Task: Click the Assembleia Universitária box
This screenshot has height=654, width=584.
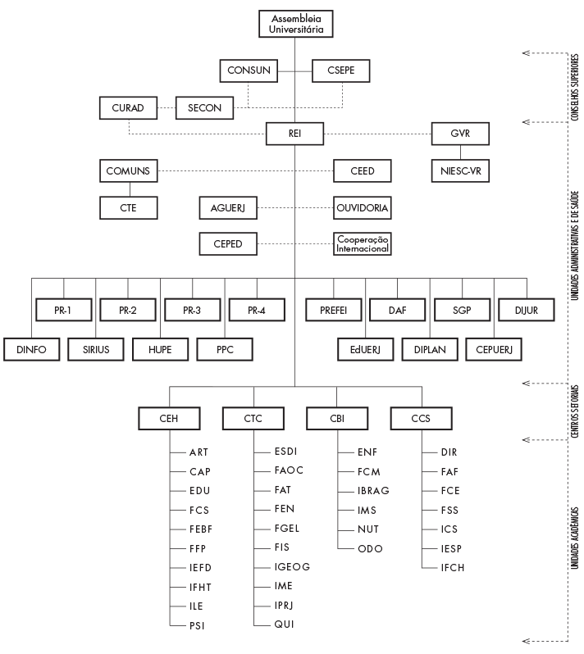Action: tap(295, 24)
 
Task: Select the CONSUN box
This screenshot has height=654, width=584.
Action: tap(249, 70)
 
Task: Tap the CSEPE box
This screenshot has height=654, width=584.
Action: tap(340, 70)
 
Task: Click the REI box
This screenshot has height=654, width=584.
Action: tap(294, 134)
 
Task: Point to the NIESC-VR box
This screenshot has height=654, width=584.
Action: tap(460, 171)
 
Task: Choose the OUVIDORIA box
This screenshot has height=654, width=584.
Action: tap(363, 207)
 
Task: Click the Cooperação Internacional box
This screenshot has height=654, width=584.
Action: tap(363, 244)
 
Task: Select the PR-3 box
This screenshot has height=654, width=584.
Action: tap(193, 310)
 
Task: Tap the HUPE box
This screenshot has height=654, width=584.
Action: tap(160, 349)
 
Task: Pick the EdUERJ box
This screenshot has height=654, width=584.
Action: tap(365, 349)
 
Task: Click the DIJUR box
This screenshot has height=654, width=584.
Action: tap(527, 310)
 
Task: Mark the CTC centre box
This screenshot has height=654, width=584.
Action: tap(253, 418)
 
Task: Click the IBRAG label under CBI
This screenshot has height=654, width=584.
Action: tap(373, 491)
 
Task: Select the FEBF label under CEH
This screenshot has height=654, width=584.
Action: tap(201, 529)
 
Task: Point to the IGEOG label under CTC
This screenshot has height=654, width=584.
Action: tap(292, 567)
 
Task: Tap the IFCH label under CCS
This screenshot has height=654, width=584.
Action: tap(453, 568)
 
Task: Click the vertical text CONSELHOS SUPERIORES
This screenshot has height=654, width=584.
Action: tap(575, 87)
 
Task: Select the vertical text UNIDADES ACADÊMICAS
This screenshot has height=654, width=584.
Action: tap(575, 538)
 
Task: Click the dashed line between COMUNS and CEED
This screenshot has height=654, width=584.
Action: tap(245, 171)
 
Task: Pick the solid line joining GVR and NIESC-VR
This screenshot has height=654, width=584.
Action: tap(460, 152)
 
